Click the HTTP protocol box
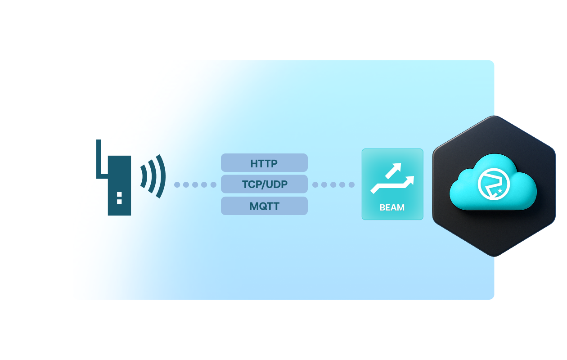tap(264, 163)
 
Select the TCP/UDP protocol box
tap(264, 184)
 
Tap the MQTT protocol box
tap(264, 206)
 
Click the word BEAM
tap(392, 207)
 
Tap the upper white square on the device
tap(119, 194)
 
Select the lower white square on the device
tap(119, 201)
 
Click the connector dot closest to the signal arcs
tap(177, 184)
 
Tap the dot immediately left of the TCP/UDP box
tap(213, 184)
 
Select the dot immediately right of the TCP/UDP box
tap(315, 184)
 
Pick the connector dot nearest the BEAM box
tap(351, 184)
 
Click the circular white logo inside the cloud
tap(493, 184)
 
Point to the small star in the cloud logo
tap(500, 191)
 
